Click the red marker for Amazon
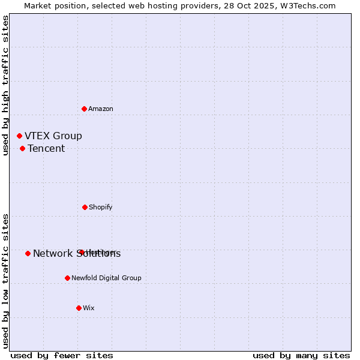(x=85, y=109)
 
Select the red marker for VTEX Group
(x=19, y=136)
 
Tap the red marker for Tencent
(x=22, y=148)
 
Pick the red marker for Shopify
(x=85, y=207)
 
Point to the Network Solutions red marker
(x=28, y=253)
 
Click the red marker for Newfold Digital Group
(x=67, y=278)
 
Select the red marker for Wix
(x=79, y=308)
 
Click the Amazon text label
(x=101, y=109)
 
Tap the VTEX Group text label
(x=53, y=136)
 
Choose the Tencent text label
(x=46, y=149)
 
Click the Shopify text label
(x=101, y=207)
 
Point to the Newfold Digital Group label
(x=106, y=278)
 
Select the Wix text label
(x=89, y=308)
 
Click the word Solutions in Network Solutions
(x=98, y=254)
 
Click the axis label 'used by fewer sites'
(x=62, y=355)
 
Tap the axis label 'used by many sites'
(x=301, y=355)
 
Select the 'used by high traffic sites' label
(x=5, y=85)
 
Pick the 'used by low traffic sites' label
(x=5, y=281)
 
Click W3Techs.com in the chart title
(x=305, y=6)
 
